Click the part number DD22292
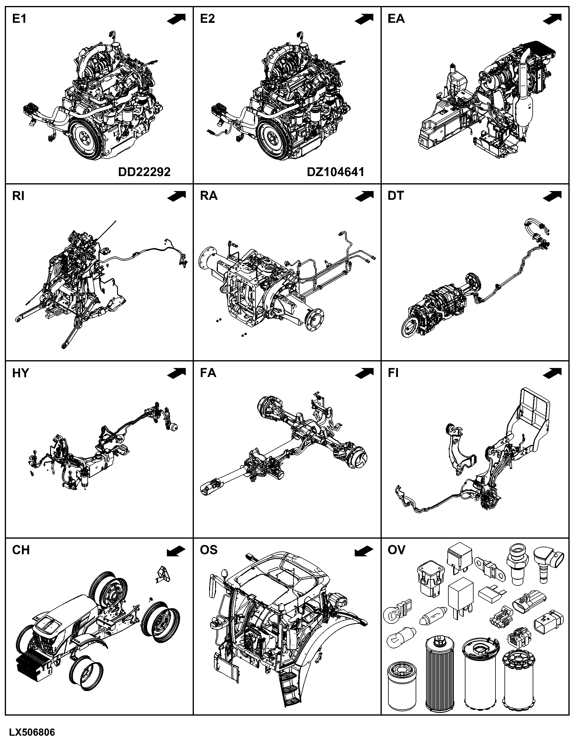(x=144, y=172)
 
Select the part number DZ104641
(x=336, y=172)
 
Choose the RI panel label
(x=18, y=196)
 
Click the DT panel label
(x=396, y=196)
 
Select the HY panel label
(x=20, y=373)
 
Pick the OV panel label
(x=396, y=550)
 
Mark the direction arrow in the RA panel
(x=364, y=196)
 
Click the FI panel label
(x=393, y=373)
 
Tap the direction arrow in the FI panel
(x=552, y=373)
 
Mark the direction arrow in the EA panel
(x=552, y=19)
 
